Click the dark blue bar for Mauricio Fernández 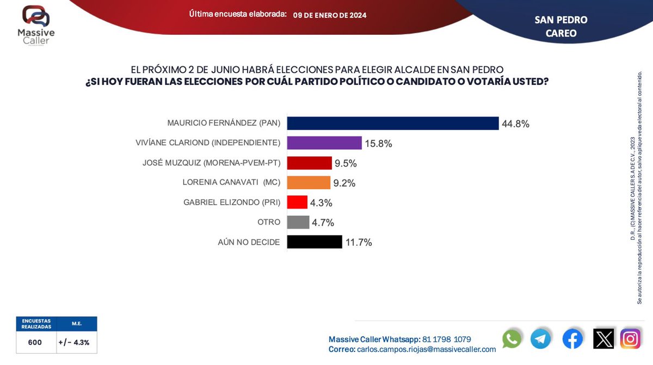tap(392, 123)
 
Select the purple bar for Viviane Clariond tap(324, 143)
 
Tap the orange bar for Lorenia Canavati tap(309, 183)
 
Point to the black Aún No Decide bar tap(314, 242)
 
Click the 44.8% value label tap(515, 124)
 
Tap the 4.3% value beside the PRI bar tap(322, 203)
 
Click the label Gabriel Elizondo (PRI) tap(232, 202)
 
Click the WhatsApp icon tap(512, 339)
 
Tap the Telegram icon tap(541, 339)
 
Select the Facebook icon tap(572, 339)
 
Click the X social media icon tap(603, 339)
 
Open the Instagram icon tap(631, 339)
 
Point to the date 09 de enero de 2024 tap(330, 15)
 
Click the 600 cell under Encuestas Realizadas tap(35, 343)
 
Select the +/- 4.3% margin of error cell tap(74, 343)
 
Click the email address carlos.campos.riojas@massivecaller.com tap(426, 349)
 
